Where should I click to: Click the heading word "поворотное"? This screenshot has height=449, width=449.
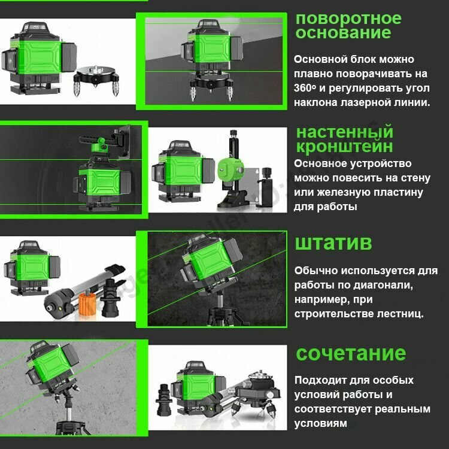(348, 19)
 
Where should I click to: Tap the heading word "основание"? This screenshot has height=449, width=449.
(344, 32)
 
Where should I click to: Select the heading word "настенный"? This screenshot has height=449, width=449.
(345, 132)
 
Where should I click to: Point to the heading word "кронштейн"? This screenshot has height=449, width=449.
(344, 146)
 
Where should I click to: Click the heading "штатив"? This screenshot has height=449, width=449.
(333, 243)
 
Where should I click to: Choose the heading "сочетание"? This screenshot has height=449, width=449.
(351, 353)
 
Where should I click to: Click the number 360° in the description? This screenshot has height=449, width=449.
(305, 88)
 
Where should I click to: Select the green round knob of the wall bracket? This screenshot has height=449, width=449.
(231, 169)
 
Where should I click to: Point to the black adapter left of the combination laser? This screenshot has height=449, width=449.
(163, 400)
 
